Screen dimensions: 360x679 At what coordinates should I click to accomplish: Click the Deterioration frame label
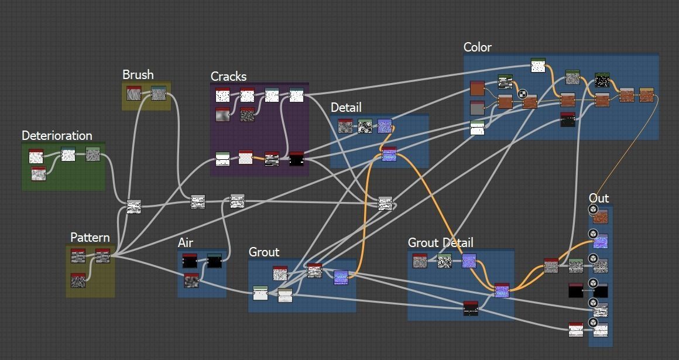(57, 136)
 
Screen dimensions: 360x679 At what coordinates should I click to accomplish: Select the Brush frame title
(138, 75)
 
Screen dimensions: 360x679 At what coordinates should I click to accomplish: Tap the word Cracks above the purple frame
(228, 77)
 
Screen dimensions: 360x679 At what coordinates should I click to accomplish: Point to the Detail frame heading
(346, 108)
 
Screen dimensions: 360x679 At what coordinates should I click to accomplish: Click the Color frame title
(477, 47)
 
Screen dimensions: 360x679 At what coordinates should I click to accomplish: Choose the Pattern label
(90, 238)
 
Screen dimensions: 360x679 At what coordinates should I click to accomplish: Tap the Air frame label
(185, 243)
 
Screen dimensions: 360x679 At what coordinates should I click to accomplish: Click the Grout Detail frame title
(440, 243)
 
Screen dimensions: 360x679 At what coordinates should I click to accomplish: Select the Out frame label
(599, 198)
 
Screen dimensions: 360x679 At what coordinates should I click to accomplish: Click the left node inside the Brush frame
(134, 93)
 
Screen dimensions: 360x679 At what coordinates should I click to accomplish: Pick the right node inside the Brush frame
(159, 93)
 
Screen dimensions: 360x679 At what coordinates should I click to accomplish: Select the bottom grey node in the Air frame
(191, 281)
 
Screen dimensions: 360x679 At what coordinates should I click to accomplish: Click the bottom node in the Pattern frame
(78, 280)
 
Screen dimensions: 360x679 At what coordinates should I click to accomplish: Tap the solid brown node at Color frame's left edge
(478, 89)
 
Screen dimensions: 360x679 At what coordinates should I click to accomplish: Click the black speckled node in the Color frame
(602, 80)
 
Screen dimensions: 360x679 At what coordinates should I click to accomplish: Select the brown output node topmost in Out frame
(600, 217)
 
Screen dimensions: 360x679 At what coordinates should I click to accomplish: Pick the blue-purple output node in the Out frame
(600, 241)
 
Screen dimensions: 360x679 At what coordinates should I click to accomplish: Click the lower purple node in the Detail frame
(389, 155)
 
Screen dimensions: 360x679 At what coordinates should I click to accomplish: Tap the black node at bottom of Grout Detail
(471, 308)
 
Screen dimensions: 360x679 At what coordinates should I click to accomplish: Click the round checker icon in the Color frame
(523, 94)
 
